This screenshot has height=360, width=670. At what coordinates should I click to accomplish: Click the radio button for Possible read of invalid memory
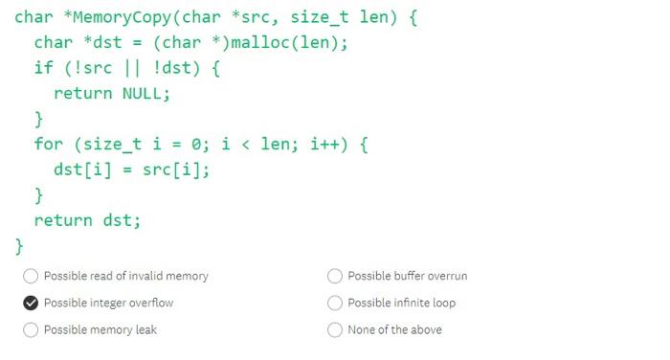(31, 276)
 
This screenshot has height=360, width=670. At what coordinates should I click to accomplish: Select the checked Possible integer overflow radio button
(31, 303)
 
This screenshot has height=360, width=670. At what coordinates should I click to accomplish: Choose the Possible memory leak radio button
(31, 329)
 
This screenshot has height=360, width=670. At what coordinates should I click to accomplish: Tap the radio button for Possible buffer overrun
(335, 276)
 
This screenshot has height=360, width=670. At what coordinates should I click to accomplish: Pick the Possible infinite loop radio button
(335, 303)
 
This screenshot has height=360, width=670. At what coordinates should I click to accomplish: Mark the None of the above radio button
(335, 329)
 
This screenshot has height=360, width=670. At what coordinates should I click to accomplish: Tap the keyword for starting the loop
(49, 145)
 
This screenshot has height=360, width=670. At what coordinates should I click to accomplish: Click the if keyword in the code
(44, 69)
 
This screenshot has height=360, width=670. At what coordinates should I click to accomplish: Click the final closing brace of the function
(19, 246)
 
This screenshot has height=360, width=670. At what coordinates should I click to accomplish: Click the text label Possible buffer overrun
(407, 276)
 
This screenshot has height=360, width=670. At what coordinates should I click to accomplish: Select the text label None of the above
(394, 329)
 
